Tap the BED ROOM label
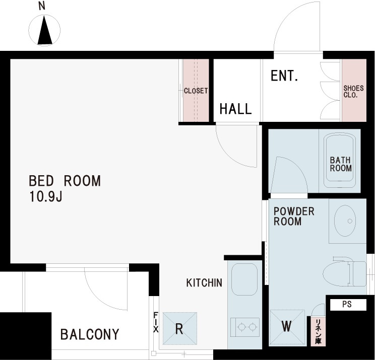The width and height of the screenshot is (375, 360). (65, 181)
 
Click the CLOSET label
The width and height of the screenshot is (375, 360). (196, 91)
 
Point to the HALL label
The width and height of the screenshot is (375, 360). (235, 109)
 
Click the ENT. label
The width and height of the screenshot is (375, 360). (284, 76)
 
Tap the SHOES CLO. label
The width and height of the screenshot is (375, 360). (353, 91)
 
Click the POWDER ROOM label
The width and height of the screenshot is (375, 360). (294, 216)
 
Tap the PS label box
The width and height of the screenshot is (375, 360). (347, 304)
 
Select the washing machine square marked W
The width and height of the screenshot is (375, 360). (287, 326)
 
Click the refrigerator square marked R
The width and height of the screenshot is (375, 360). (179, 329)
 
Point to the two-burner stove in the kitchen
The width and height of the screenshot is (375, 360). (245, 326)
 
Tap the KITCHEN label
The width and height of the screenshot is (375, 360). (204, 283)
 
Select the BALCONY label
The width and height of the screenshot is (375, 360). (90, 334)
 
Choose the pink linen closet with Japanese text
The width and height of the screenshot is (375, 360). (318, 331)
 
